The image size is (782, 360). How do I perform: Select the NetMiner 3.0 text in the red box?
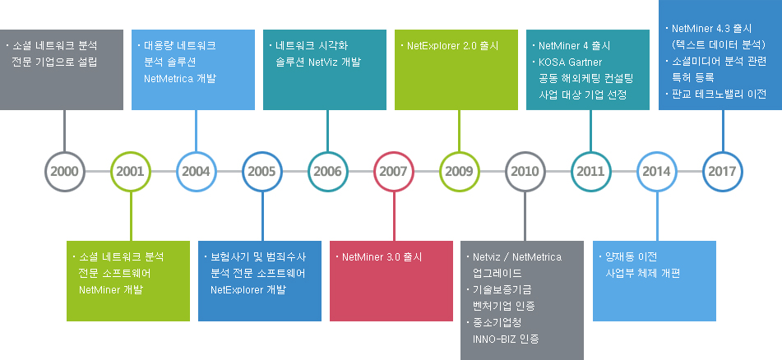point(371,257)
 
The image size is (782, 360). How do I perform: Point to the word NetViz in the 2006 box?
point(323,62)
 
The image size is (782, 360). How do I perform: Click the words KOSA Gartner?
point(570,62)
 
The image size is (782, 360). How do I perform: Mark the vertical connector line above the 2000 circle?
point(64,131)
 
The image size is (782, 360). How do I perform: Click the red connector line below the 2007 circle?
point(394,216)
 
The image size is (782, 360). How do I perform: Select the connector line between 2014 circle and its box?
point(656,216)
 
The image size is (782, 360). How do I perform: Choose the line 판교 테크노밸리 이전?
point(719,94)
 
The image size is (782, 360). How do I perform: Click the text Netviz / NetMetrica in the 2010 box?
point(517,257)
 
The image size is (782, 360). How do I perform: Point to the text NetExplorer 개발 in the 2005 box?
point(248,289)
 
